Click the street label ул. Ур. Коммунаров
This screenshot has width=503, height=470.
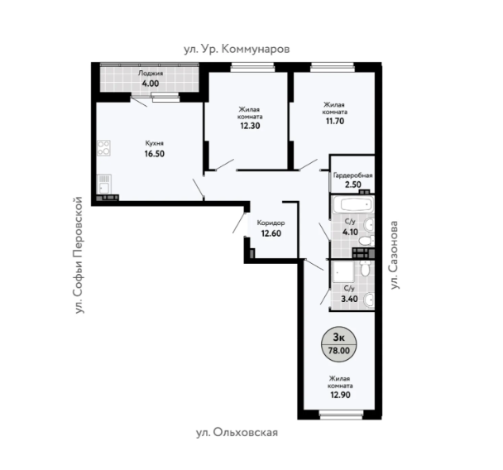(x=237, y=49)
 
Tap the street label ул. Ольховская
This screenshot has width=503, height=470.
(x=237, y=433)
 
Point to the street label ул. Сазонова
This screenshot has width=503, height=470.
(x=395, y=255)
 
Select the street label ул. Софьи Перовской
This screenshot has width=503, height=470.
(x=78, y=255)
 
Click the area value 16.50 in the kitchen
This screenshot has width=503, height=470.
(x=155, y=154)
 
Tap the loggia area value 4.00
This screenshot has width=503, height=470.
(x=151, y=84)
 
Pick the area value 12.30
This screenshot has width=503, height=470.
(x=250, y=126)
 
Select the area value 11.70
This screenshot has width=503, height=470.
(x=335, y=121)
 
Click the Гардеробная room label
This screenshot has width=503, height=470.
(x=353, y=175)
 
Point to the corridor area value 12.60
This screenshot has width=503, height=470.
(x=271, y=233)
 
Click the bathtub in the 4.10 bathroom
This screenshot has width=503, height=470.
(x=353, y=204)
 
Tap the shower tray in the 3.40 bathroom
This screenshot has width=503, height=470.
(x=343, y=271)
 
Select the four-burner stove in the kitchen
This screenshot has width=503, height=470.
(x=103, y=148)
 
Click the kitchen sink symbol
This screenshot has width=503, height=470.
(x=104, y=185)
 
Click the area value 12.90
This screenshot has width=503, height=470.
(x=340, y=395)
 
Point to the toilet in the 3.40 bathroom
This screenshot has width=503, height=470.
(x=365, y=267)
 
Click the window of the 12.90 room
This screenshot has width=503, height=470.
(x=341, y=415)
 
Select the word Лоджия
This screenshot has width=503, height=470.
(x=151, y=73)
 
